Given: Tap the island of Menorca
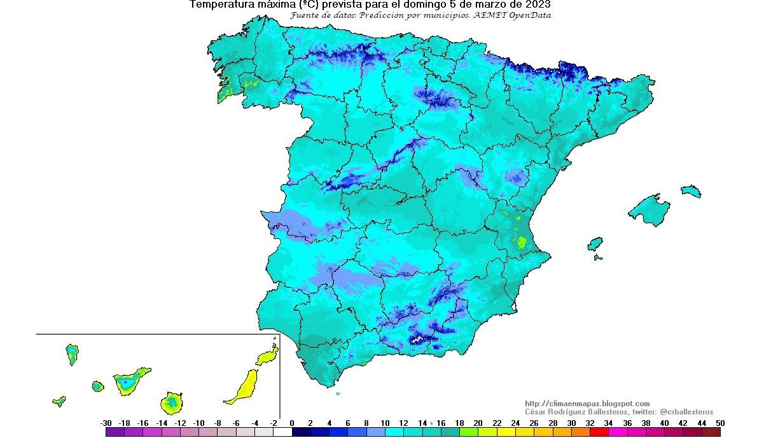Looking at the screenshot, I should pyautogui.click(x=691, y=191).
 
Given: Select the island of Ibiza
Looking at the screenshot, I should pyautogui.click(x=595, y=244).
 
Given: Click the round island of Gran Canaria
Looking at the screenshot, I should pyautogui.click(x=171, y=402).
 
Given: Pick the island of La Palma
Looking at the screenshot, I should pyautogui.click(x=72, y=354).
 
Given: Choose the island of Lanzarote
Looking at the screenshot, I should pyautogui.click(x=268, y=355).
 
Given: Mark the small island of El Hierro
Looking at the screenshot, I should pyautogui.click(x=59, y=401).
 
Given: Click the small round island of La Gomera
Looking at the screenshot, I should pyautogui.click(x=97, y=386).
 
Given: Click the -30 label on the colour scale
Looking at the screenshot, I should pyautogui.click(x=106, y=423).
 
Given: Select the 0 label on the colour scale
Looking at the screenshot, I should pyautogui.click(x=292, y=423).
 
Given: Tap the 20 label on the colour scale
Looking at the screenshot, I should pyautogui.click(x=478, y=423).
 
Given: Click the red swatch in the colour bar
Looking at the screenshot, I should pyautogui.click(x=599, y=432).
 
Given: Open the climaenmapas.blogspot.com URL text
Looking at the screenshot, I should pyautogui.click(x=587, y=404).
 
